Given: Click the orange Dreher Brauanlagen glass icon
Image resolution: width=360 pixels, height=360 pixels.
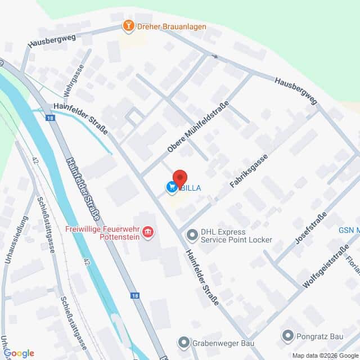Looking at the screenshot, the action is pos(129,26).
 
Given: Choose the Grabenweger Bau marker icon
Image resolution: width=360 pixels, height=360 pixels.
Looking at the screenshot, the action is pos(183,342).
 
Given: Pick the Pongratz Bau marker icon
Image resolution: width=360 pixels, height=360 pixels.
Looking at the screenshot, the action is pos(287,337).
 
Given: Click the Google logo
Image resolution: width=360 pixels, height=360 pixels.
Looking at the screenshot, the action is pos(18,353).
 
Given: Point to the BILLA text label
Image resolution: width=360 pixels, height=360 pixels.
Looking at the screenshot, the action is pos(190,188).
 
